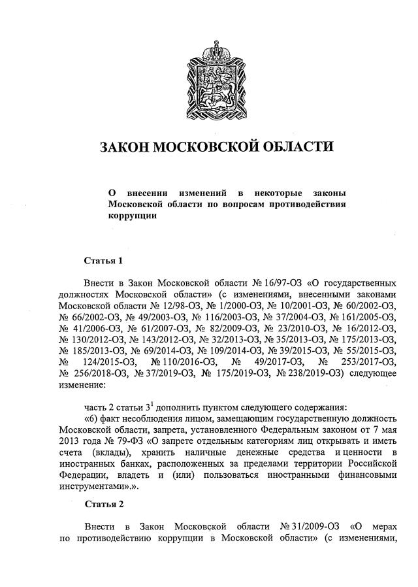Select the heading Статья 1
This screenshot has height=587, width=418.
(104, 261)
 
